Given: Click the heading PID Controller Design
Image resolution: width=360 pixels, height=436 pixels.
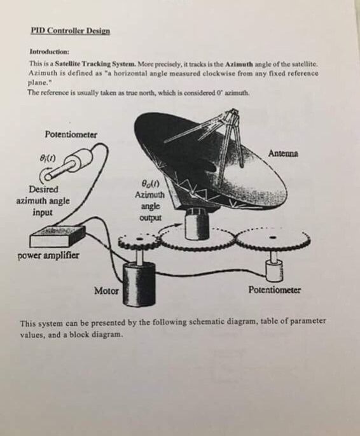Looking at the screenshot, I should click(x=70, y=31).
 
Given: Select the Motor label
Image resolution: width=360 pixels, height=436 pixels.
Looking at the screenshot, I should click(x=106, y=291).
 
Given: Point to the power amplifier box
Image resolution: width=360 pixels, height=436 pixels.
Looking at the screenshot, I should click(x=57, y=236).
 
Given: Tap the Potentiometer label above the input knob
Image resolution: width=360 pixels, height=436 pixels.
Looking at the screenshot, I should click(x=71, y=134).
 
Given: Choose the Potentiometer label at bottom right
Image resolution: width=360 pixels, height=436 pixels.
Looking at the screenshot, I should click(x=274, y=290).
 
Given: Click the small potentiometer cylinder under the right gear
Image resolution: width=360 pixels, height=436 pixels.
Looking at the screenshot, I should click(x=275, y=269).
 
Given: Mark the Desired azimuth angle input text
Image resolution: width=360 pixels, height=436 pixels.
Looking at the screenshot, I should click(x=43, y=200).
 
